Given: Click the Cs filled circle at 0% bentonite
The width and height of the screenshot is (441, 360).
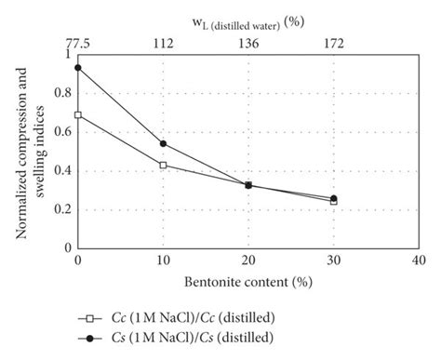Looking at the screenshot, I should pos(78,67).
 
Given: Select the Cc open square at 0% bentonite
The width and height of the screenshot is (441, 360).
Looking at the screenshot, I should pos(78,114).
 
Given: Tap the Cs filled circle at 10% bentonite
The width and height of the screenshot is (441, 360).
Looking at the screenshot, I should pos(164,143).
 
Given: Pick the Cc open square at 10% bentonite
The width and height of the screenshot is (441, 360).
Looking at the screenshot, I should pos(164,165).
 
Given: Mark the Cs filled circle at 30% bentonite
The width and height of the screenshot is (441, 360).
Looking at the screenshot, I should pos(334,198).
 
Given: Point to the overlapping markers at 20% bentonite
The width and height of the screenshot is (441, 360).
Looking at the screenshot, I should pos(248,185).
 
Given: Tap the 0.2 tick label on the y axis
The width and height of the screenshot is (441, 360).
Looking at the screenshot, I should pos(61,209).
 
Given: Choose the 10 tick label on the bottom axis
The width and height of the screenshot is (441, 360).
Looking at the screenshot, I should pos(164,261).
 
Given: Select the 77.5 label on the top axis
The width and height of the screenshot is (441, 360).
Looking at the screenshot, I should pos(76,42).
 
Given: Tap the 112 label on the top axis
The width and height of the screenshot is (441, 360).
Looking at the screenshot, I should pos(164,42).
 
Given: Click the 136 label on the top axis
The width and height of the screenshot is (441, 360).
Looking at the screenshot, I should pos(248,42).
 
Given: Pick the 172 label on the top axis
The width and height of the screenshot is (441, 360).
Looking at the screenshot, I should pos(334,42).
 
